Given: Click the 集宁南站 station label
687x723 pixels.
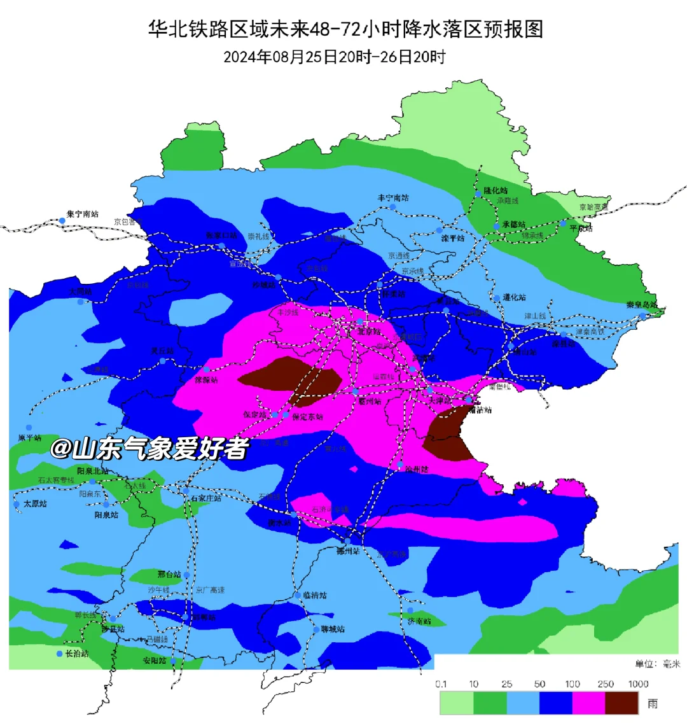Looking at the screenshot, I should pyautogui.click(x=83, y=214).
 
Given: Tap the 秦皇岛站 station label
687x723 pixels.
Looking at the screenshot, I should pyautogui.click(x=642, y=305).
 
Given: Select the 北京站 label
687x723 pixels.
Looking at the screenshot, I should pyautogui.click(x=369, y=332).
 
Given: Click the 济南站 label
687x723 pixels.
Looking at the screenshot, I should pyautogui.click(x=419, y=621).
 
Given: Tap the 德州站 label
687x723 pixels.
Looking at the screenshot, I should pyautogui.click(x=349, y=551).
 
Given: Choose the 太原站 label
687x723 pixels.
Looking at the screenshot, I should pyautogui.click(x=35, y=503).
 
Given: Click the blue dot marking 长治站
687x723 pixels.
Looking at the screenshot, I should pyautogui.click(x=60, y=654).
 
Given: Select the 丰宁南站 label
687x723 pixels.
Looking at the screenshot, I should pyautogui.click(x=393, y=198).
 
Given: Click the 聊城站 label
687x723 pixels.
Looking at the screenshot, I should pyautogui.click(x=333, y=629).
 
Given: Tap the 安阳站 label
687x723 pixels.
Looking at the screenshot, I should pyautogui.click(x=155, y=661).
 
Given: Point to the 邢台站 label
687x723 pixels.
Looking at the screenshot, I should pyautogui.click(x=169, y=574).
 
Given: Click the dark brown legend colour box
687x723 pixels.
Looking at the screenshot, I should pyautogui.click(x=621, y=703).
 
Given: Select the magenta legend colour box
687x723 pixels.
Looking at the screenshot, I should pyautogui.click(x=588, y=703).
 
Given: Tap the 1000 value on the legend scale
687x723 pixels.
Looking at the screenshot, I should pyautogui.click(x=638, y=684).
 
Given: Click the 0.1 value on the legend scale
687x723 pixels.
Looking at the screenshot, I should pyautogui.click(x=441, y=684).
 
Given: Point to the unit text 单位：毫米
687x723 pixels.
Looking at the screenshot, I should pyautogui.click(x=657, y=664).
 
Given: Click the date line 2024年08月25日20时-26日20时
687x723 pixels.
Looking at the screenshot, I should pyautogui.click(x=335, y=57).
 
